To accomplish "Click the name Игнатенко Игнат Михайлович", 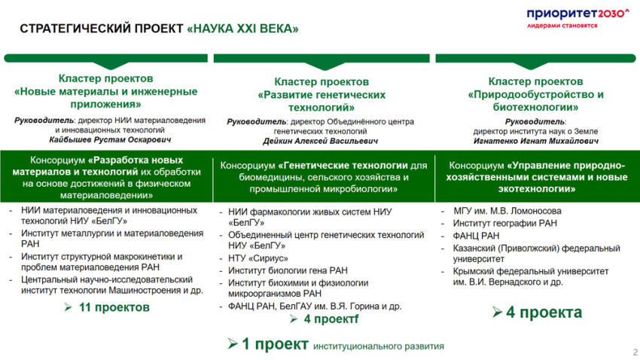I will tap(535, 140).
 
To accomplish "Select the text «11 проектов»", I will tap(113, 307).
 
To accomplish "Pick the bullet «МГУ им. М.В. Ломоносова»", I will tap(507, 211).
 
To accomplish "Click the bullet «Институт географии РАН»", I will tap(504, 224).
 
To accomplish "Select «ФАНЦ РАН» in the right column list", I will tap(476, 236).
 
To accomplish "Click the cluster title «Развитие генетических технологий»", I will tap(322, 95).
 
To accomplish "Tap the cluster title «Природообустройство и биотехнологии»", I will tap(535, 95).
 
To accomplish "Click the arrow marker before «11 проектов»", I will tap(69, 307).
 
